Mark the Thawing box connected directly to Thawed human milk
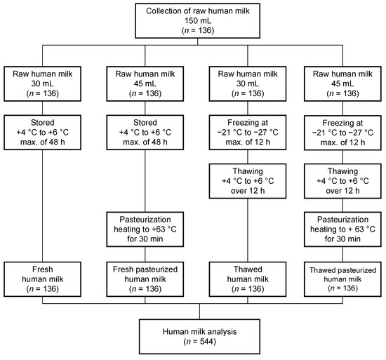click(x=240, y=180)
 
